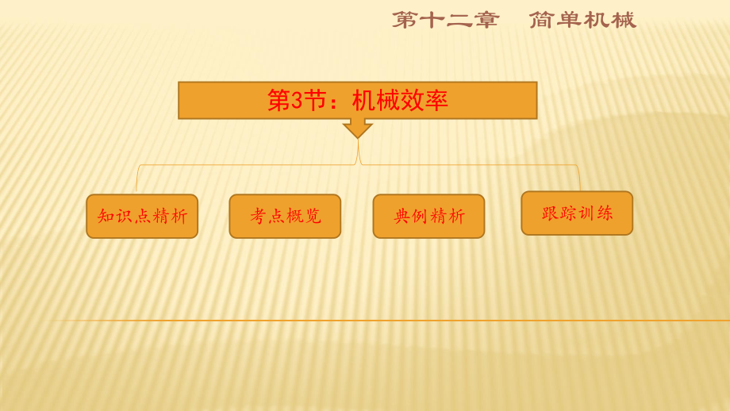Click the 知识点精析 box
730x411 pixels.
(142, 216)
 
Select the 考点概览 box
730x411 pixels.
(285, 216)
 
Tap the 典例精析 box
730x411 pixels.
(428, 216)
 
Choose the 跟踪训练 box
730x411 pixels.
(577, 213)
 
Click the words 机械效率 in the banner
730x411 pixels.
(400, 100)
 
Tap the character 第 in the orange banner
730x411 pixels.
(279, 100)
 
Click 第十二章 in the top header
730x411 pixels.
(446, 20)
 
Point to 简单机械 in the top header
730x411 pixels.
(582, 20)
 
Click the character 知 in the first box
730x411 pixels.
(106, 216)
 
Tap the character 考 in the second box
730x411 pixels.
(258, 216)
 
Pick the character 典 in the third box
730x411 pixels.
(401, 216)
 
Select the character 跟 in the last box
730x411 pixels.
(550, 213)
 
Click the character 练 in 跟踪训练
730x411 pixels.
(605, 213)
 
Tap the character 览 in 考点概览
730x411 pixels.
(313, 216)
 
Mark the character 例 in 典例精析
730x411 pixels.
(420, 216)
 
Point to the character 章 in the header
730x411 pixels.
(486, 20)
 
